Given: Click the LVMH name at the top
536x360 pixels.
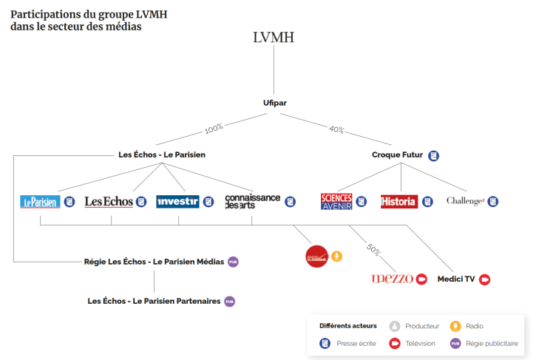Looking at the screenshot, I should (274, 37).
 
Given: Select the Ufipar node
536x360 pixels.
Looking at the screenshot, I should (274, 103).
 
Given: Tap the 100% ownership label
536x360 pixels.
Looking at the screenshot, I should (214, 128).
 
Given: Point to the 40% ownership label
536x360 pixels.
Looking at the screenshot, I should (336, 129).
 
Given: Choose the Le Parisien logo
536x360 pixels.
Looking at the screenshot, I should (40, 201).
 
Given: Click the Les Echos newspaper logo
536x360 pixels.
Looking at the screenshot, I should (109, 201).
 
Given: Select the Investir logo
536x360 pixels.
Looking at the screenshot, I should (177, 201).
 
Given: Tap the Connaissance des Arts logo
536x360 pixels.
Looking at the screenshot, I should (253, 201).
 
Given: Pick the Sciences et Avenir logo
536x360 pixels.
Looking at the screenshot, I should (336, 201).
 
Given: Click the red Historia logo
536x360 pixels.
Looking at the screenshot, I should (398, 201).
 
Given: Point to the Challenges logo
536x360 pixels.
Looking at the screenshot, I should (465, 201).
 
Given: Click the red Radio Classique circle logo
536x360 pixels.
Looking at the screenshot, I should (316, 256).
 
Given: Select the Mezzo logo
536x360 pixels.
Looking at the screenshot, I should (392, 279).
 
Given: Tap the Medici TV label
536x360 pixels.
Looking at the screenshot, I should (456, 279).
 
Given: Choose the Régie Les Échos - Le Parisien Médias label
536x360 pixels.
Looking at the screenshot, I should (153, 262).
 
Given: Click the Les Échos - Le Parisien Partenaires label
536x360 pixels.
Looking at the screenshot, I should (154, 301).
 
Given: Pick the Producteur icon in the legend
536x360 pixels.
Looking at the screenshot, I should (395, 326).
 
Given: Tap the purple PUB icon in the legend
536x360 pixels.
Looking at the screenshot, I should (455, 343).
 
